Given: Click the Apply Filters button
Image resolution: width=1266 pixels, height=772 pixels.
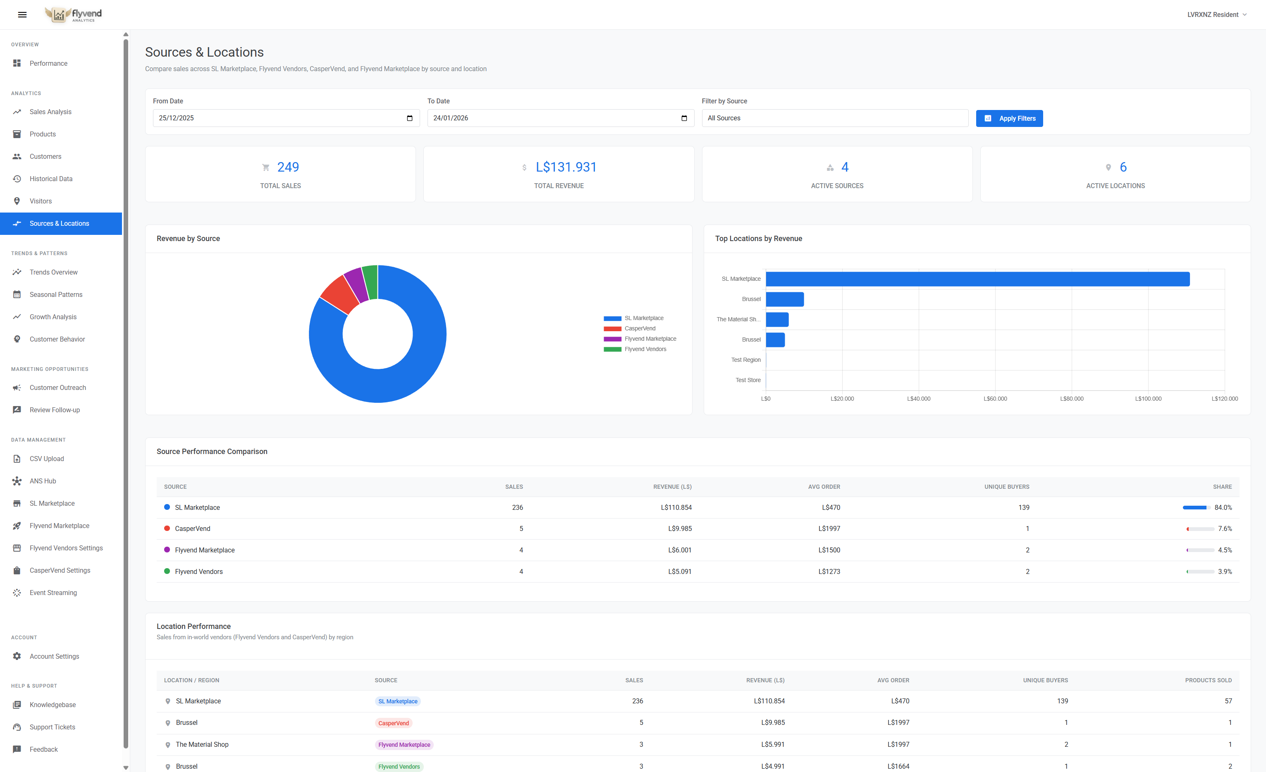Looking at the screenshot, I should pyautogui.click(x=1009, y=118).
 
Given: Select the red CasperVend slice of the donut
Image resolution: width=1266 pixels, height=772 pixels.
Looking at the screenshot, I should pyautogui.click(x=339, y=294).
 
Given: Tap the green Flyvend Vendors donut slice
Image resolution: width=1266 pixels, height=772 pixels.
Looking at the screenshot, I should pyautogui.click(x=370, y=282).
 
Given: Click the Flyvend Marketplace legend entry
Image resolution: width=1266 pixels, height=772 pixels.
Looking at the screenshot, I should pyautogui.click(x=650, y=339).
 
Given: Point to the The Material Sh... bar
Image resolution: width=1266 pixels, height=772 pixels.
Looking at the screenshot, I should pyautogui.click(x=777, y=320).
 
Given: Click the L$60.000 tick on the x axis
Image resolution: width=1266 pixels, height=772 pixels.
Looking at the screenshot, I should pyautogui.click(x=995, y=399).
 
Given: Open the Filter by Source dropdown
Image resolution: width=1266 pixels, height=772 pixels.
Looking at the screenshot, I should pyautogui.click(x=834, y=118).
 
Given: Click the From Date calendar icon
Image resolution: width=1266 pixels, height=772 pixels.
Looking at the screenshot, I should pyautogui.click(x=409, y=118).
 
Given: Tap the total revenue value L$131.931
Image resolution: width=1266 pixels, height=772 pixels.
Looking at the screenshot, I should pyautogui.click(x=566, y=167).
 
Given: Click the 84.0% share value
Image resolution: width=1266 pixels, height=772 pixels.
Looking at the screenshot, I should pyautogui.click(x=1223, y=507).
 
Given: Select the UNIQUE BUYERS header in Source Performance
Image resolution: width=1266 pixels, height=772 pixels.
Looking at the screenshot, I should pyautogui.click(x=1006, y=487).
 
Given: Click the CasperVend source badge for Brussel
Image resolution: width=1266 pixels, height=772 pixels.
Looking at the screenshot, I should pyautogui.click(x=394, y=723).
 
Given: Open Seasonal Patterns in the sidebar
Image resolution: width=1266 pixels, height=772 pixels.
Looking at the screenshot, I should pyautogui.click(x=55, y=294).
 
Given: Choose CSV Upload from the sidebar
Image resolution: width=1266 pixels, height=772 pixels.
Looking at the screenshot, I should pyautogui.click(x=47, y=459).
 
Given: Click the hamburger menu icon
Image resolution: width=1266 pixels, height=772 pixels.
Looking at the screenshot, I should pyautogui.click(x=22, y=14).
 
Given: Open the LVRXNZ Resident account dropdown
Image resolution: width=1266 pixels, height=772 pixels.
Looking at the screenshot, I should pyautogui.click(x=1216, y=14).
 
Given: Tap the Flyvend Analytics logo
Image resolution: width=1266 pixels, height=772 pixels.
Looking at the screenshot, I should pyautogui.click(x=74, y=14).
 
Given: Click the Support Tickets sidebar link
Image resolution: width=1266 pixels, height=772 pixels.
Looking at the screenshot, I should pyautogui.click(x=53, y=727).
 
